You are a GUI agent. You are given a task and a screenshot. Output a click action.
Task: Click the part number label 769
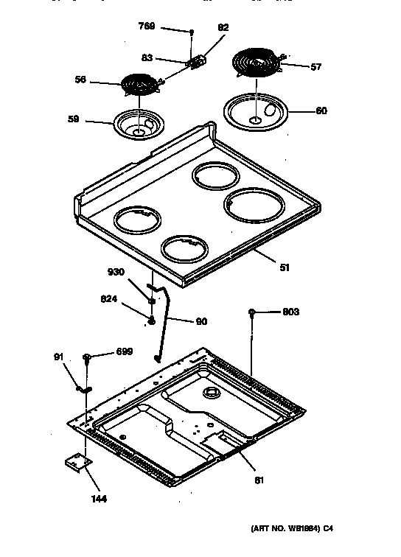(147, 26)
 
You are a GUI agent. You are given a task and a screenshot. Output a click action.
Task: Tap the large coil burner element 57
(256, 63)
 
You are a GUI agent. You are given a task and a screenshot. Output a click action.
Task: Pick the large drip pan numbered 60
(254, 111)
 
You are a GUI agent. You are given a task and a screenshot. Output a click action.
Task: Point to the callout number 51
(285, 267)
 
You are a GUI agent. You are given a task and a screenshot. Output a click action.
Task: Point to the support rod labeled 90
(161, 320)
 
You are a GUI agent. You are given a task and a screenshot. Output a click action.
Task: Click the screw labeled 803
(252, 312)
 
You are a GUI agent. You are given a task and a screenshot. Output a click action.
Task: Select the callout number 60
(321, 111)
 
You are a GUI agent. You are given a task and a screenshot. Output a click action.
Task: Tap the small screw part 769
(191, 32)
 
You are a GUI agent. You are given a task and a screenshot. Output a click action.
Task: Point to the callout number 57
(315, 67)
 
